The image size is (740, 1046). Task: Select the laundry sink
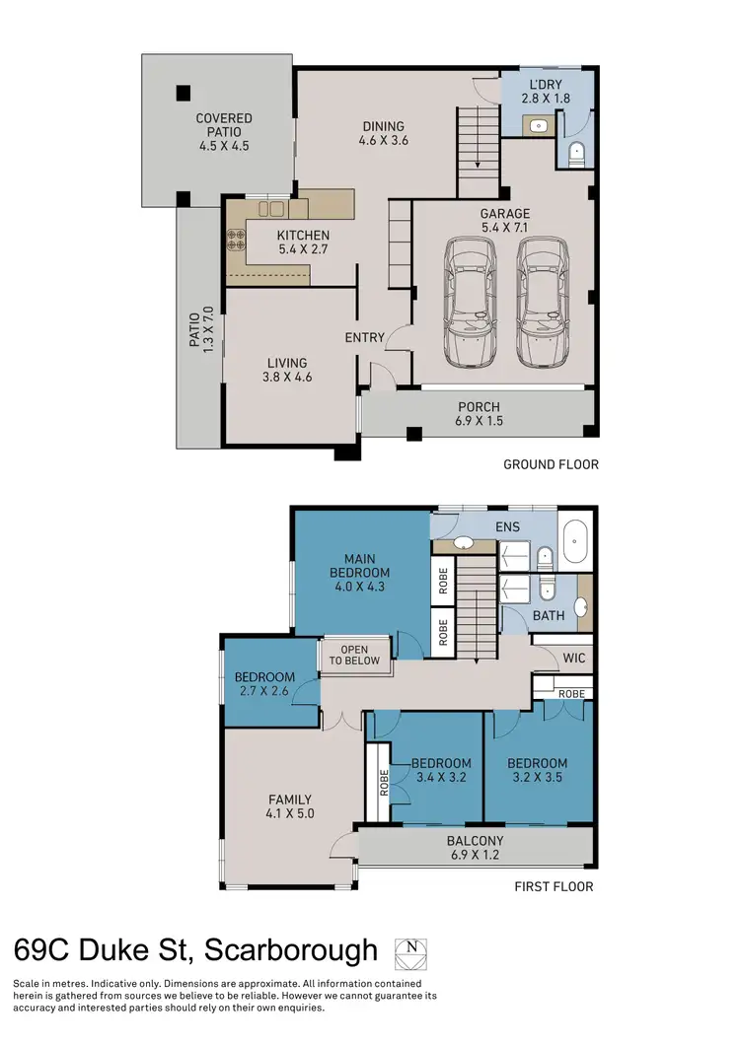pyautogui.click(x=540, y=125)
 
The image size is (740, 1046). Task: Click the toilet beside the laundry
pyautogui.click(x=578, y=153)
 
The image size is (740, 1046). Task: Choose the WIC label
pyautogui.click(x=574, y=658)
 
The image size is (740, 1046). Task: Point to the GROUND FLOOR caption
pyautogui.click(x=551, y=464)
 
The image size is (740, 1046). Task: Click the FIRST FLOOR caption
pyautogui.click(x=554, y=886)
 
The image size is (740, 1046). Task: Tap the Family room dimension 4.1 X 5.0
pyautogui.click(x=290, y=814)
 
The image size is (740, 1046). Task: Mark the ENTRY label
pyautogui.click(x=364, y=338)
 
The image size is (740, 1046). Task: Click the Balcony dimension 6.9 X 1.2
pyautogui.click(x=476, y=856)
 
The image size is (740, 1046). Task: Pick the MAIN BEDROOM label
pyautogui.click(x=359, y=566)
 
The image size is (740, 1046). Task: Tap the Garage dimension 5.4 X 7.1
pyautogui.click(x=505, y=228)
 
